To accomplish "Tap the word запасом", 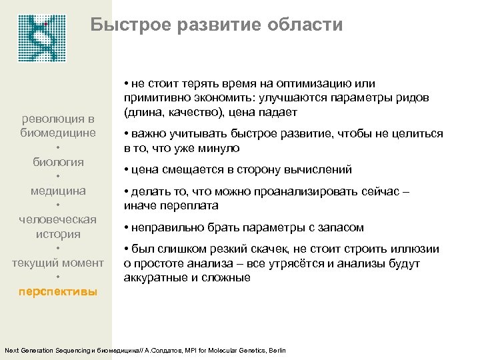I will [x=339, y=227].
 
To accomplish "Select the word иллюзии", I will [x=417, y=249].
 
